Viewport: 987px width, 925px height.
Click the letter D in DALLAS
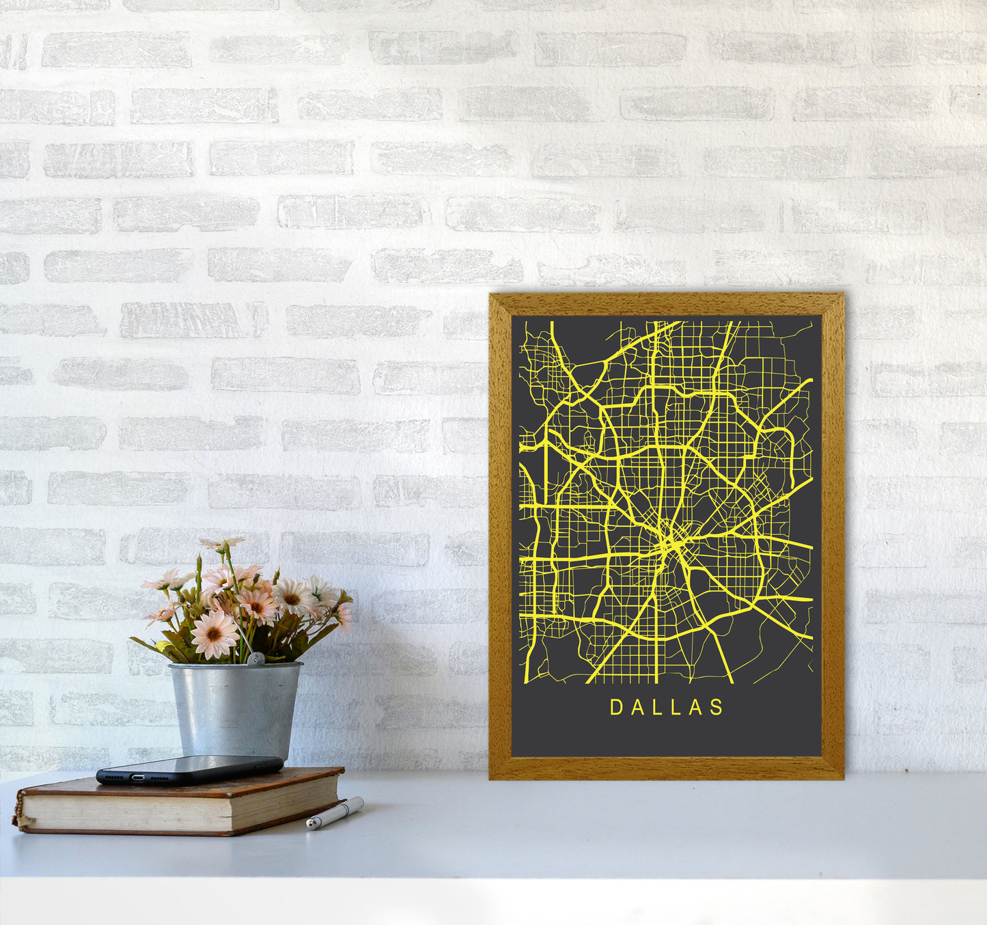(615, 707)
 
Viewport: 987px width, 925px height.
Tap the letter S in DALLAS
(717, 707)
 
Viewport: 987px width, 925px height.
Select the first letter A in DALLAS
(636, 707)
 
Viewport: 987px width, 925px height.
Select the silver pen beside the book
(335, 812)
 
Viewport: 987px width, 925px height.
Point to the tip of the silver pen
(309, 827)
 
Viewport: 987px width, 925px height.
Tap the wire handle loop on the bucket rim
(255, 659)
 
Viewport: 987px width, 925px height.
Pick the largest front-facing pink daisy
(214, 635)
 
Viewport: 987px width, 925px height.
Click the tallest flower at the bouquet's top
(222, 544)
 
